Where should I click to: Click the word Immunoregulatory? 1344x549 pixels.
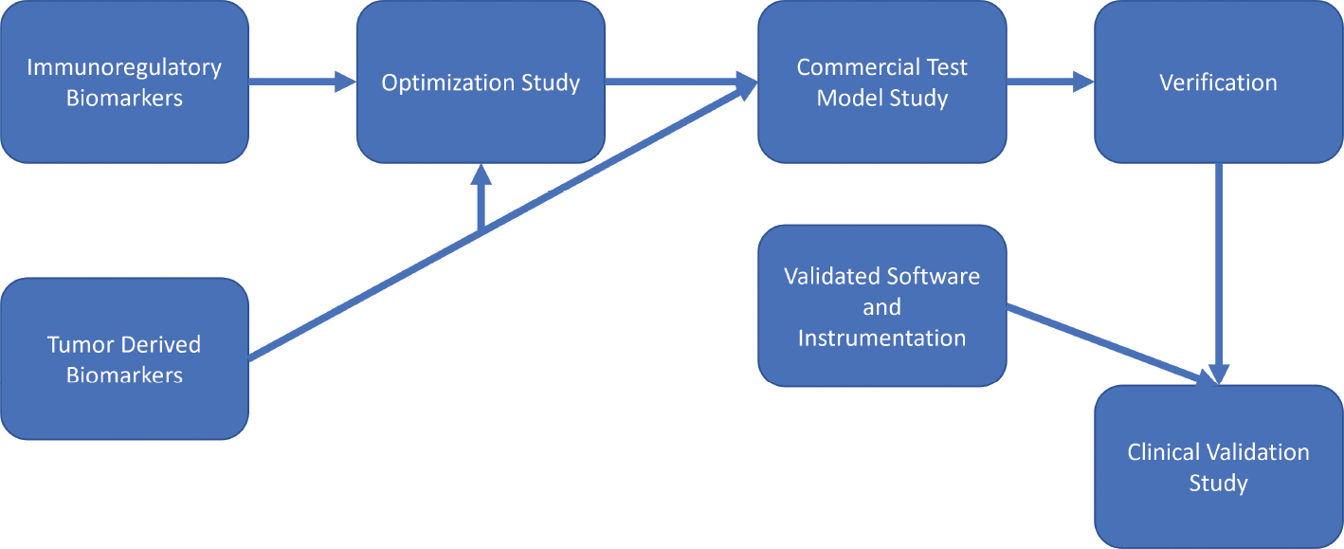point(124,68)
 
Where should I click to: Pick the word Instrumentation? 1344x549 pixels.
point(881,338)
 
